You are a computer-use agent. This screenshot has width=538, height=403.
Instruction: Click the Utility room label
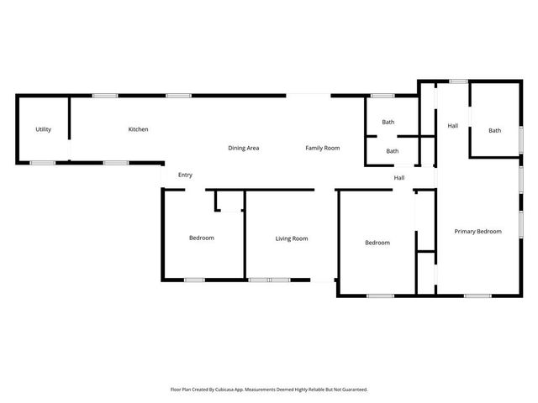click(x=43, y=129)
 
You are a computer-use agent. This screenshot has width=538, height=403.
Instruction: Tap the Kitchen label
click(x=138, y=129)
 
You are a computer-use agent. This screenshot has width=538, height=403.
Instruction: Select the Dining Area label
click(x=244, y=148)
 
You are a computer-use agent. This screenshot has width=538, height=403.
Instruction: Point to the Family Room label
click(x=322, y=148)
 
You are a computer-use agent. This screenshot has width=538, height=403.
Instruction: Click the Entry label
click(x=185, y=175)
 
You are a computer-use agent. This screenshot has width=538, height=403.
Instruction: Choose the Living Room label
click(x=292, y=238)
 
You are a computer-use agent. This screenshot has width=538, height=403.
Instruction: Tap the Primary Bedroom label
click(x=477, y=231)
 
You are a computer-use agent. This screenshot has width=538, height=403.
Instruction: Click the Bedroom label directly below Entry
click(x=202, y=238)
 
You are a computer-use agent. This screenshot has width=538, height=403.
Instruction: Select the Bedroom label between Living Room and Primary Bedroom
click(x=377, y=243)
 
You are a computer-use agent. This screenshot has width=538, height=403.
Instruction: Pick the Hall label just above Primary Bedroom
click(x=452, y=126)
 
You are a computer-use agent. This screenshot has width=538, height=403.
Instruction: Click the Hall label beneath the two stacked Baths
click(x=399, y=177)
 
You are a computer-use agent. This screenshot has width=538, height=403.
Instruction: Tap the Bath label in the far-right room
click(x=495, y=130)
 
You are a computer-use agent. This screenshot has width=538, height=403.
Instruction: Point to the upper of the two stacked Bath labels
click(x=388, y=123)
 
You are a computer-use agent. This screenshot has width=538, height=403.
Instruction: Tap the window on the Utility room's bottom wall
click(x=43, y=162)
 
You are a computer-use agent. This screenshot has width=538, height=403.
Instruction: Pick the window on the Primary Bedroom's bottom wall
click(x=477, y=296)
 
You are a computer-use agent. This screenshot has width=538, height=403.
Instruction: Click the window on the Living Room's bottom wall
click(x=269, y=280)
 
